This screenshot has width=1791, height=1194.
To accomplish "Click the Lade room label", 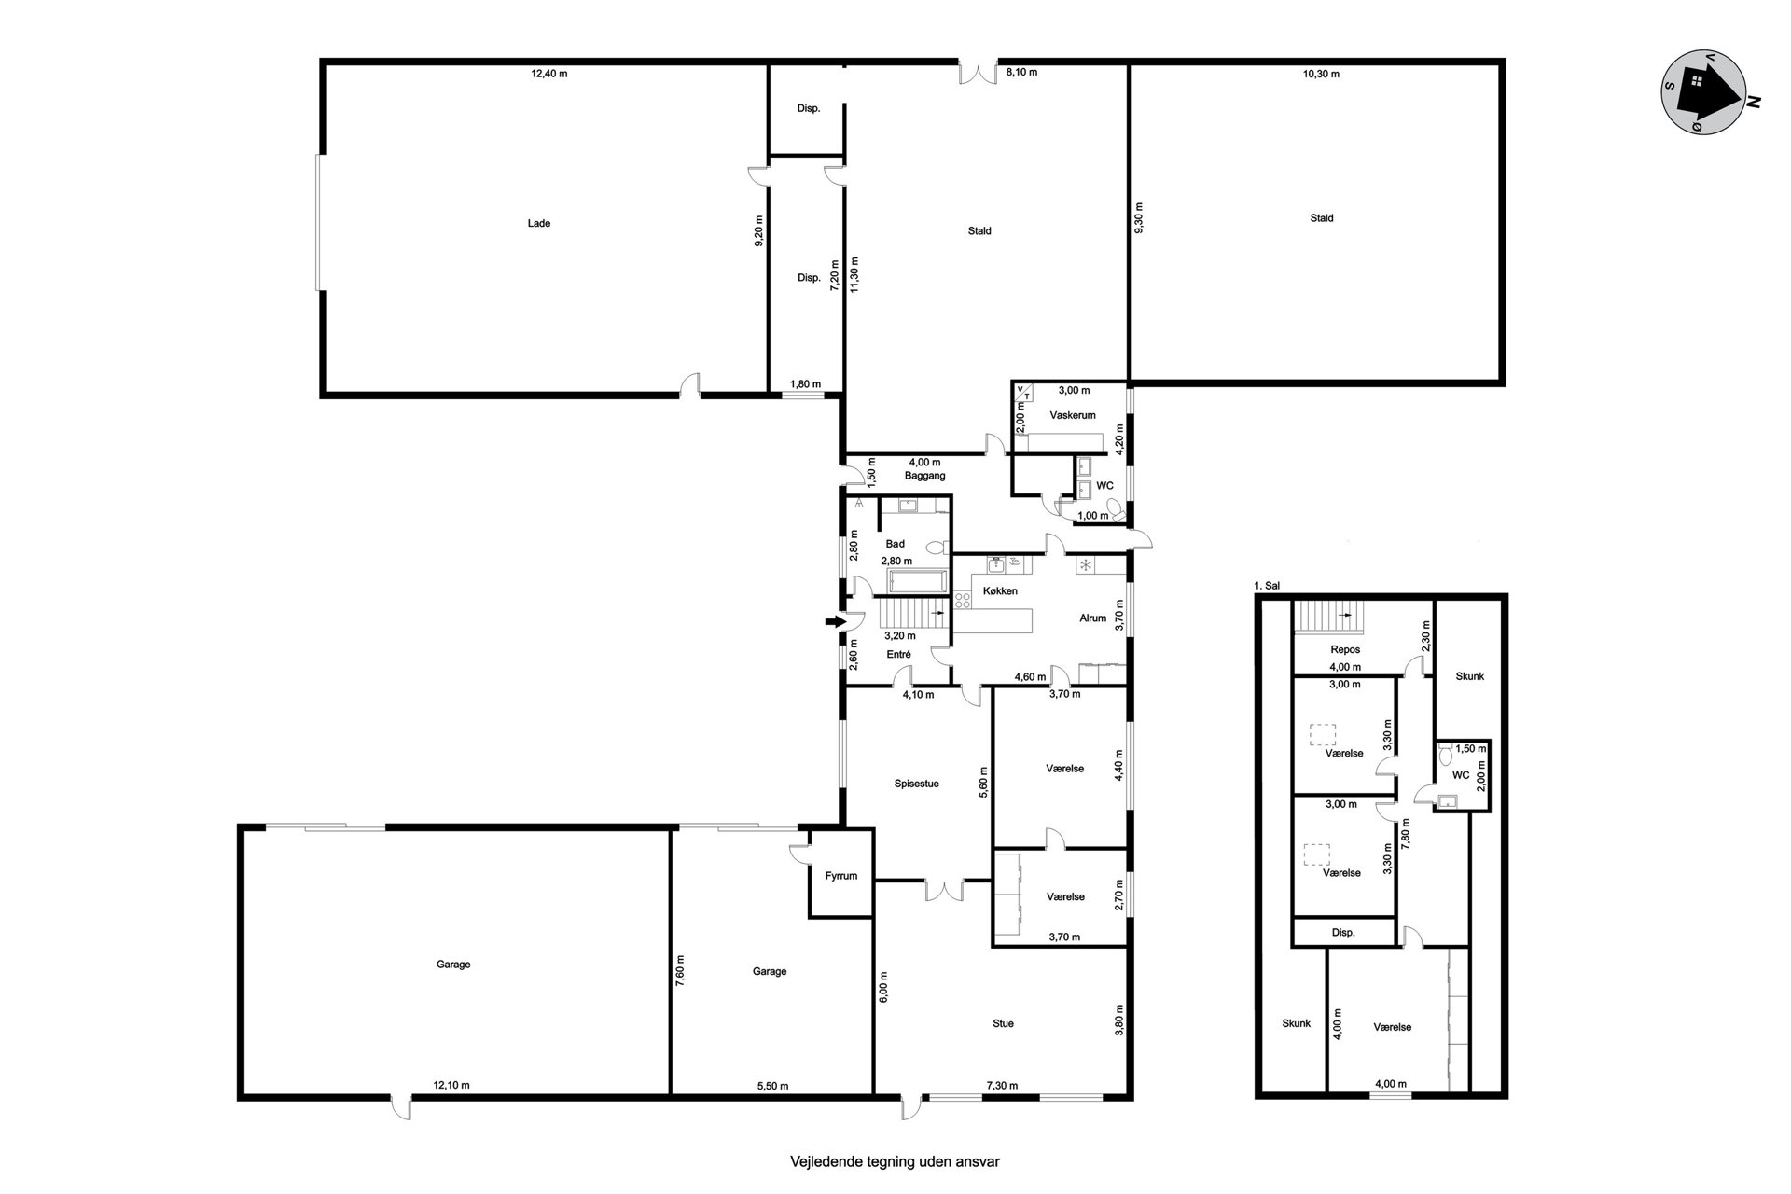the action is click(x=538, y=224).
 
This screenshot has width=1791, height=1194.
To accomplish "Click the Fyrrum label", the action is click(x=840, y=876).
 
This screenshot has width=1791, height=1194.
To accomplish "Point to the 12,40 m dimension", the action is click(x=549, y=74).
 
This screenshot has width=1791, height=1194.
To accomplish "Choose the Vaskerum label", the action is click(x=1072, y=415).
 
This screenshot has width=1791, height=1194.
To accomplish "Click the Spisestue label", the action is click(x=916, y=784).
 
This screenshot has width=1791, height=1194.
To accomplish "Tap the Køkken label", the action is click(x=1000, y=591).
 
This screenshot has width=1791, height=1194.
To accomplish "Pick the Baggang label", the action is click(x=924, y=476).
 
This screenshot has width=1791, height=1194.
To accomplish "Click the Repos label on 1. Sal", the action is click(x=1346, y=649).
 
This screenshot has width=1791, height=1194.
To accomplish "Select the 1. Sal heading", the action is click(x=1267, y=586).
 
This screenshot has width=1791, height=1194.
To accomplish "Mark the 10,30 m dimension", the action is click(x=1321, y=74).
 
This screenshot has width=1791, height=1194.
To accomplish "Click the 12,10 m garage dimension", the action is click(x=451, y=1085).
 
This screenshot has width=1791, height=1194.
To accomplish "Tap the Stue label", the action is click(x=1003, y=1023).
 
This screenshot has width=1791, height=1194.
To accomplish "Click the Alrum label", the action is click(x=1092, y=618).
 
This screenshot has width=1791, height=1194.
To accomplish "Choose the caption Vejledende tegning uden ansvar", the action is click(x=895, y=1162).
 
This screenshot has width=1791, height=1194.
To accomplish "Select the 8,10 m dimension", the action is click(x=1021, y=72).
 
